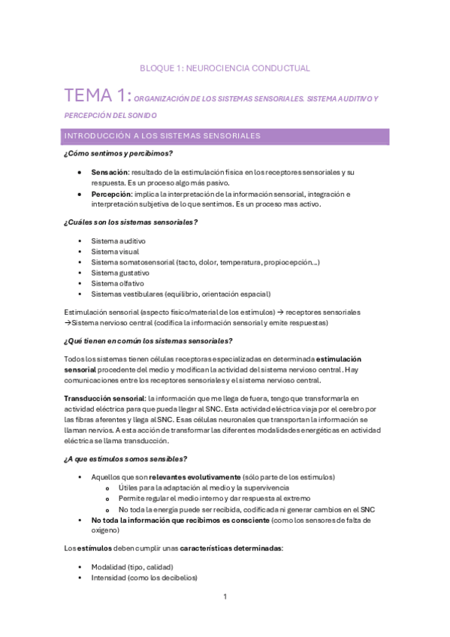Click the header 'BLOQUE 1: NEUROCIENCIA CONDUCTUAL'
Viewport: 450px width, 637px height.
click(225, 68)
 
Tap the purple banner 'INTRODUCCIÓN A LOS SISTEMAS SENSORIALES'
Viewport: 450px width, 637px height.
click(226, 136)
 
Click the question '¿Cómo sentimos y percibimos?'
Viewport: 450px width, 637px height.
click(119, 153)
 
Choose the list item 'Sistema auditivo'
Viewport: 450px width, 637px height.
click(119, 240)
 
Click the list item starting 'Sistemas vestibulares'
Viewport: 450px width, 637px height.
click(180, 294)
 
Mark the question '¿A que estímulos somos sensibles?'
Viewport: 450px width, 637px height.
click(125, 459)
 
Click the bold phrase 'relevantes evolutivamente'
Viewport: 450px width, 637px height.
click(195, 477)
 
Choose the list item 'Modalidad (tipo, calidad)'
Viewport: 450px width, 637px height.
click(132, 566)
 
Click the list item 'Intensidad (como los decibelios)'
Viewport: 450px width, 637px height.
click(143, 578)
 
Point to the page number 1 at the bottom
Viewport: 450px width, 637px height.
click(225, 597)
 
